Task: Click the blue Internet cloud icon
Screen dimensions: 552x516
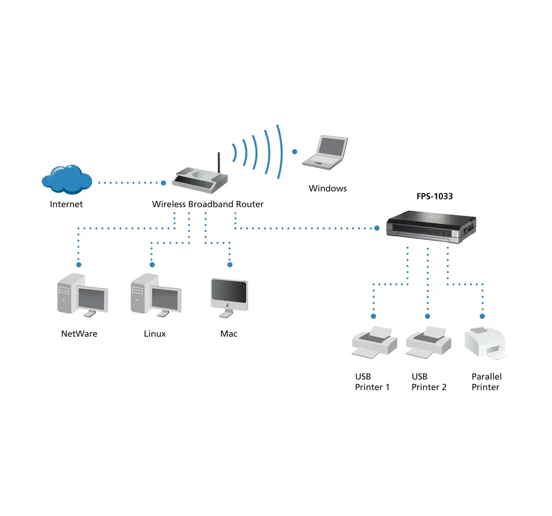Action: [67, 179]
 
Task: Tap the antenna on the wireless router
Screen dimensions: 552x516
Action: [219, 163]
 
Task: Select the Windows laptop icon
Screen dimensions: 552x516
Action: [325, 152]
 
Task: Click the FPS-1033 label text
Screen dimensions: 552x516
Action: [434, 197]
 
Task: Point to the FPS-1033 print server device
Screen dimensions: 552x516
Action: [431, 227]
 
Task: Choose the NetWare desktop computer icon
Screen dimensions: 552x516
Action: [82, 295]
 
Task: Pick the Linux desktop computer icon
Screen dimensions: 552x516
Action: [156, 295]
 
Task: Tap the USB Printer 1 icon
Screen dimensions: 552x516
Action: [374, 342]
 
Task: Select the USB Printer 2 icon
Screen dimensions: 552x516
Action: [428, 342]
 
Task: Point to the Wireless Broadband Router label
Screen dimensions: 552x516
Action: [207, 204]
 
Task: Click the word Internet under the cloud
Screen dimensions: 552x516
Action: [66, 204]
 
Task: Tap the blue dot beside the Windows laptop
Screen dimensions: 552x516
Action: [294, 151]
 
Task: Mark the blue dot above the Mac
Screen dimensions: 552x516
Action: [230, 265]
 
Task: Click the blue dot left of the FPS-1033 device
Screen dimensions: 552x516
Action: [377, 228]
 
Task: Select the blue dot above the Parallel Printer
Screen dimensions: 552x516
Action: [482, 316]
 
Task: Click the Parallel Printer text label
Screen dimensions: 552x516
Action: [486, 382]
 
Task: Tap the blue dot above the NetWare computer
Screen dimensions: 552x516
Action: [79, 265]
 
